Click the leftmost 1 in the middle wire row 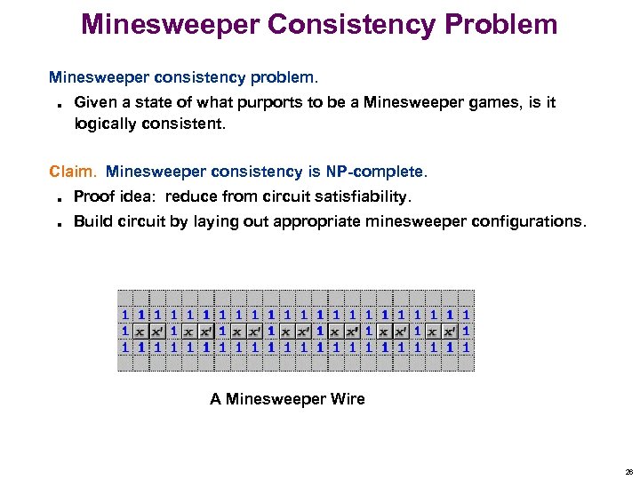coord(125,331)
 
